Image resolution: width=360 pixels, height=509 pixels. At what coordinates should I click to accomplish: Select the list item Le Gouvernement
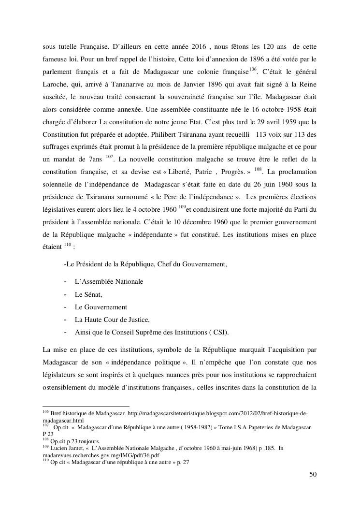point(101,306)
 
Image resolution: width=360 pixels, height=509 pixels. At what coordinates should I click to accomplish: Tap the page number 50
point(313,474)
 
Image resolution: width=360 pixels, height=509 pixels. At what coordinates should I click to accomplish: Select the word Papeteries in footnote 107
point(260,427)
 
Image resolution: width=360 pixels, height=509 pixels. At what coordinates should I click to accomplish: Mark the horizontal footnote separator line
point(86,407)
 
